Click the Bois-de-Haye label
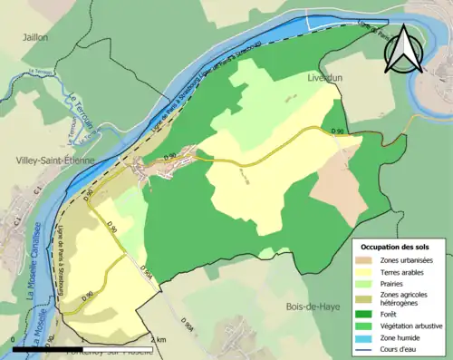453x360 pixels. (x=313, y=306)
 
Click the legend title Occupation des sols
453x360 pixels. (x=398, y=246)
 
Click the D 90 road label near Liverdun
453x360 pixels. (x=339, y=131)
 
